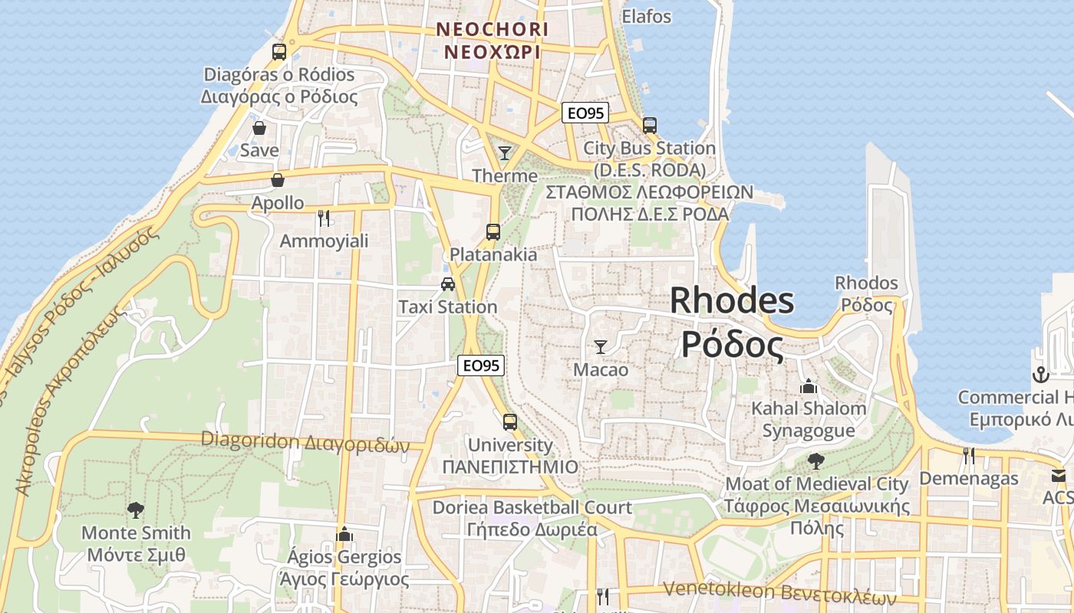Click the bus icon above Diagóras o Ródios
click(x=279, y=52)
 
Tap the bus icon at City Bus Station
click(x=650, y=125)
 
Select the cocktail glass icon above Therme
click(x=505, y=153)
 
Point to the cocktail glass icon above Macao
click(x=601, y=347)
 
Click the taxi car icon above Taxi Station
click(x=448, y=284)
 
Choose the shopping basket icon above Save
click(x=259, y=128)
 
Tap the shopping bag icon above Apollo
click(x=278, y=180)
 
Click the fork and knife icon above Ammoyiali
click(x=324, y=218)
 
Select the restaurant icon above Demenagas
click(x=969, y=456)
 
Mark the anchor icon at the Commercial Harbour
click(x=1040, y=375)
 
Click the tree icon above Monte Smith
click(x=136, y=510)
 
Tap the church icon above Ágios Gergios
click(x=344, y=533)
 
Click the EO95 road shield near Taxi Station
click(x=481, y=366)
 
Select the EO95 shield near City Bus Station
click(x=585, y=113)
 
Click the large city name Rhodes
click(x=732, y=300)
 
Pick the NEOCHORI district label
click(x=492, y=30)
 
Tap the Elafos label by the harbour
click(x=647, y=16)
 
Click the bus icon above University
click(x=510, y=421)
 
